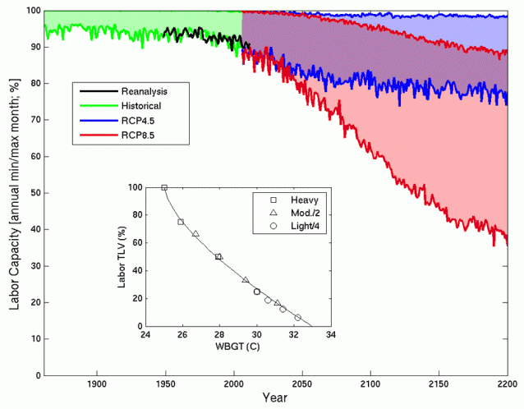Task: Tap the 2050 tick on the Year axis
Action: pyautogui.click(x=302, y=384)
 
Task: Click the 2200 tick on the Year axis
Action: pyautogui.click(x=507, y=384)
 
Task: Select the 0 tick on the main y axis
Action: pyautogui.click(x=36, y=375)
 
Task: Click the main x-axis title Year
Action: pyautogui.click(x=275, y=398)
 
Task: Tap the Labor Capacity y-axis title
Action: pyautogui.click(x=14, y=193)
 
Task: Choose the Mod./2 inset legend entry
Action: pyautogui.click(x=299, y=214)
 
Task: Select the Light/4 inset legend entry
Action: pyautogui.click(x=300, y=227)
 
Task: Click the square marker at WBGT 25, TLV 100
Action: pyautogui.click(x=164, y=187)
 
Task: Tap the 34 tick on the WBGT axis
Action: pyautogui.click(x=331, y=336)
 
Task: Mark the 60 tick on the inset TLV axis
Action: pyautogui.click(x=136, y=242)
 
